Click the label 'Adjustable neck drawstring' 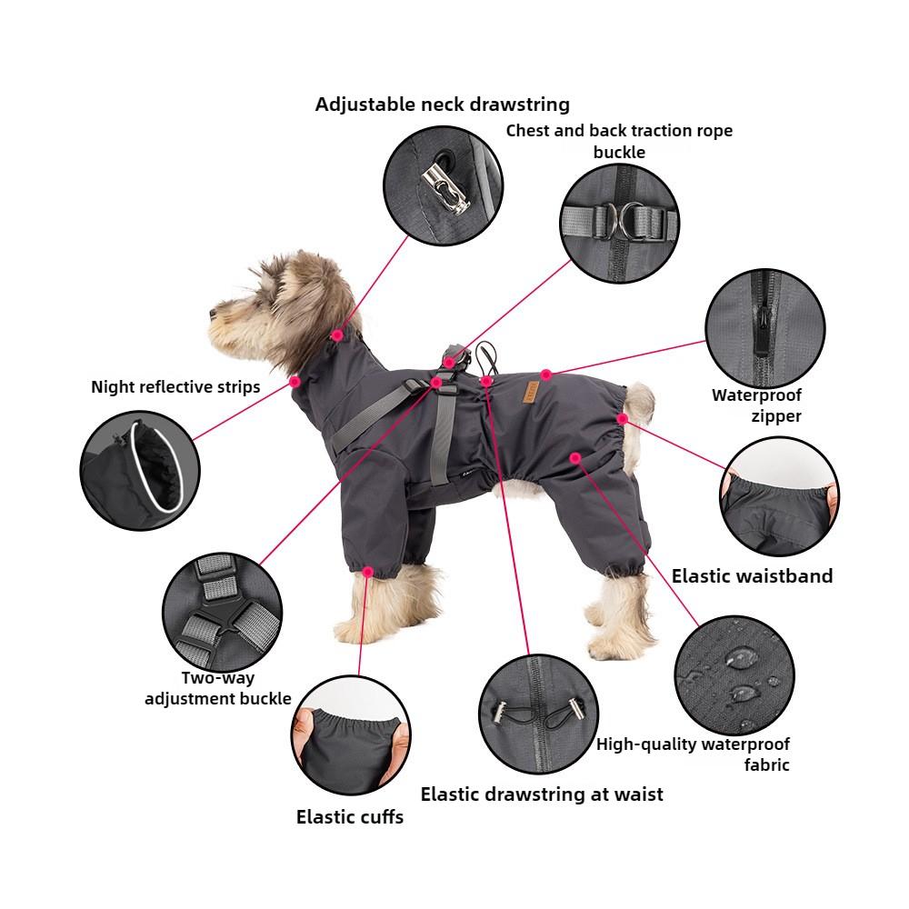click(442, 104)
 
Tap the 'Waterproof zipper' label click(756, 406)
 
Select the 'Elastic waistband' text click(752, 575)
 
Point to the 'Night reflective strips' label click(175, 387)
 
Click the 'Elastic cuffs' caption click(349, 816)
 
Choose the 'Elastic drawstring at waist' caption click(542, 794)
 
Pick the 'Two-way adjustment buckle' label click(218, 688)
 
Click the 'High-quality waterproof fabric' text click(694, 754)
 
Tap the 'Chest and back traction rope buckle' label click(619, 141)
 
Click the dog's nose click(210, 311)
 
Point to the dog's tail click(639, 402)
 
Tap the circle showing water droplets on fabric click(733, 674)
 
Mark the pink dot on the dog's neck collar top click(337, 335)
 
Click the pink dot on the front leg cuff click(367, 572)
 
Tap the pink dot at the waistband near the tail click(622, 418)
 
